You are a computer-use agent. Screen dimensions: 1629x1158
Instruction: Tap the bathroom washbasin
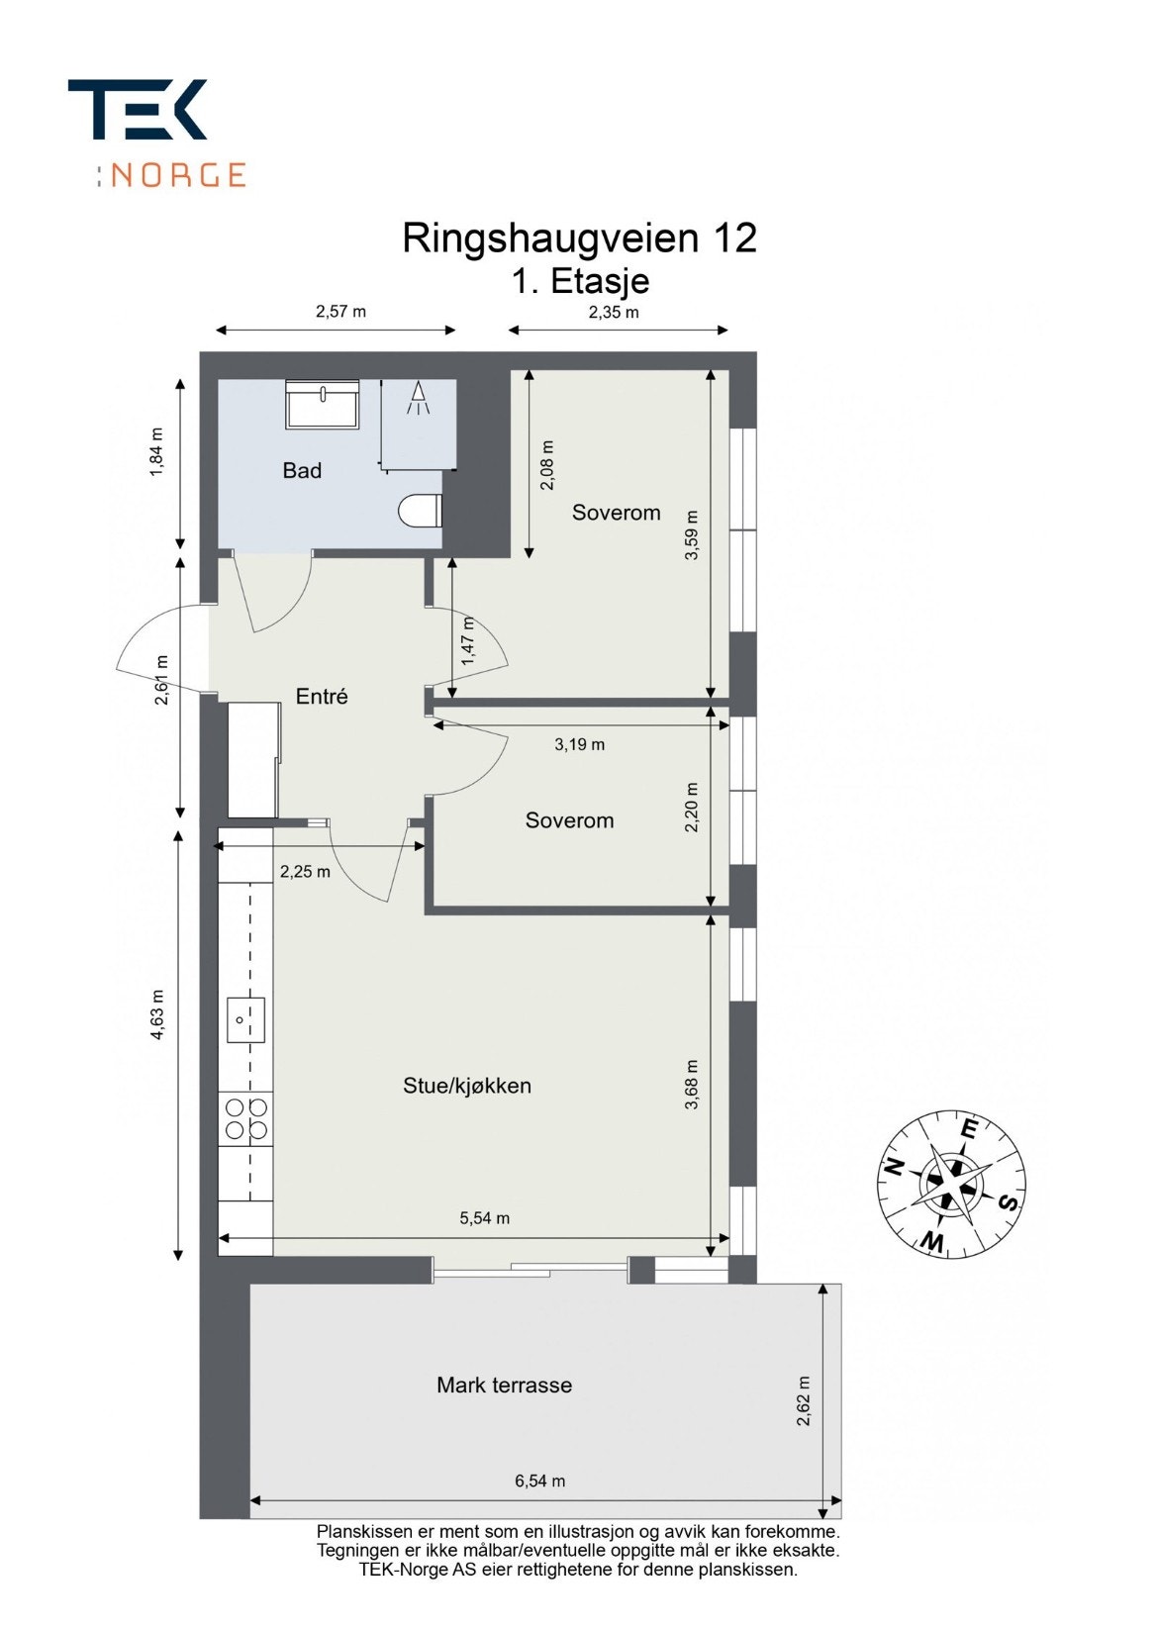point(323,405)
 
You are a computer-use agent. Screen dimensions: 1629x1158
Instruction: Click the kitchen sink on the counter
point(246,1019)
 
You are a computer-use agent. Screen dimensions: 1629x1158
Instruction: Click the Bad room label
point(302,471)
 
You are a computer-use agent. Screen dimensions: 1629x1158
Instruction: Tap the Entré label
point(322,697)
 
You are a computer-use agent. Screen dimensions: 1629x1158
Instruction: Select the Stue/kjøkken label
point(467,1086)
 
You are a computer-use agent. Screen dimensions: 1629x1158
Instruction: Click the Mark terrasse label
point(504,1386)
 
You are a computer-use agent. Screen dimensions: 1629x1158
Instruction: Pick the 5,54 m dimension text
point(485,1218)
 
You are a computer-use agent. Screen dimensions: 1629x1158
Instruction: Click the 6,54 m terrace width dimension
point(540,1482)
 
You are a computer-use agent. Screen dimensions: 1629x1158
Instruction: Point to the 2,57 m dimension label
point(340,312)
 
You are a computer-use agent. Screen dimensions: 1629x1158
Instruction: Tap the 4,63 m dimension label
point(158,1015)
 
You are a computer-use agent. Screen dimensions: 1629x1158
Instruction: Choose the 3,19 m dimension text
point(579,744)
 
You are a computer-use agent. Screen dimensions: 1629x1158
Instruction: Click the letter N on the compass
point(894,1167)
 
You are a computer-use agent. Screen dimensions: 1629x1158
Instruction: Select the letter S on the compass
point(1008,1202)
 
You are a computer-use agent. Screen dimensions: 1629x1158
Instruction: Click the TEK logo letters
point(138,109)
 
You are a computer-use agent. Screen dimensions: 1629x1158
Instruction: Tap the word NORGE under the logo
point(178,175)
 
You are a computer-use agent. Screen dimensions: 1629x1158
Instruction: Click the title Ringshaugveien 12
point(579,239)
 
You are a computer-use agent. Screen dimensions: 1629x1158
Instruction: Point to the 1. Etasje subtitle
point(580,281)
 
